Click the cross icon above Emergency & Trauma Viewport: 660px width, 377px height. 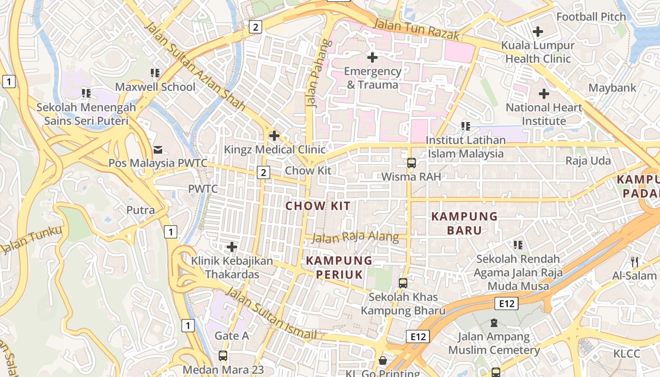[372, 57]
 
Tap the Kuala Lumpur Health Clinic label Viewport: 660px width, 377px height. [537, 52]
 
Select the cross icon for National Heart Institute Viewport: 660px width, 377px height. [544, 94]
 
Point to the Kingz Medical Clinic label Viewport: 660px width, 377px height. [275, 150]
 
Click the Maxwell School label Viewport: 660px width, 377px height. [155, 87]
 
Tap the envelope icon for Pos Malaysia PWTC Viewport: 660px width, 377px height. [158, 150]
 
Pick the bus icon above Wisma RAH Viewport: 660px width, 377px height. [412, 163]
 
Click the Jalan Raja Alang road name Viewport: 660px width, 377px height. [355, 237]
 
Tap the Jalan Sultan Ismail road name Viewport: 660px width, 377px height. [271, 313]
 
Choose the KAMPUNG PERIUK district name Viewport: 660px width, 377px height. [339, 267]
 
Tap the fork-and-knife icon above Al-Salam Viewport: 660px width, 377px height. [635, 262]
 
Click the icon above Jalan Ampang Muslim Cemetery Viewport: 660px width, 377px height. [494, 323]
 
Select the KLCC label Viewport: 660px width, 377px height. [627, 354]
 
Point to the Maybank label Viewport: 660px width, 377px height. [612, 88]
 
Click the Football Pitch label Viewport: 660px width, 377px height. [591, 17]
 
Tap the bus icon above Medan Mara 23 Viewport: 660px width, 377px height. [223, 356]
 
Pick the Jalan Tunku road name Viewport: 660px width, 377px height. [32, 240]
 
